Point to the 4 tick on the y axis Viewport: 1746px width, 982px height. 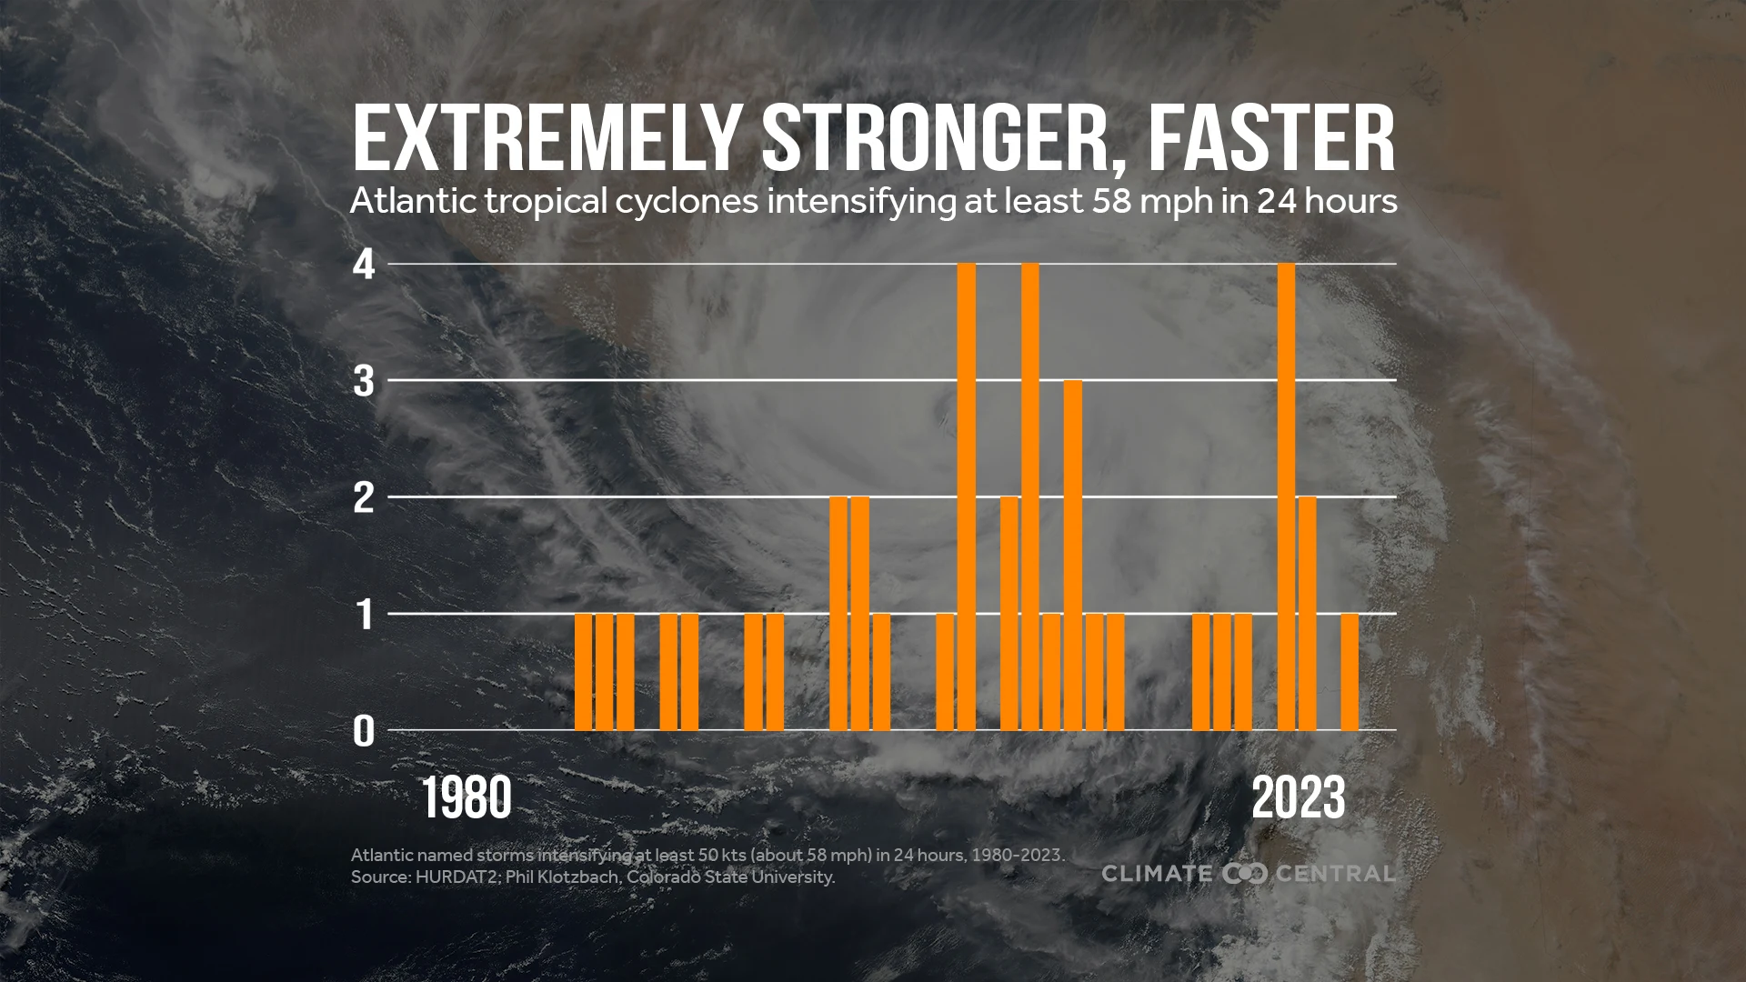(364, 265)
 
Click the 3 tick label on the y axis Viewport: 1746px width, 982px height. (364, 381)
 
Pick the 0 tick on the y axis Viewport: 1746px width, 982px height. (364, 731)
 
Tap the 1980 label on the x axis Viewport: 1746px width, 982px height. (467, 799)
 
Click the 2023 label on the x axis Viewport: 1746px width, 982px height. (1298, 799)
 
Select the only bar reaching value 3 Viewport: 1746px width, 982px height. (1073, 555)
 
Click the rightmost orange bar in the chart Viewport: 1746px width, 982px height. (1350, 672)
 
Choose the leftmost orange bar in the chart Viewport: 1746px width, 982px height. (584, 672)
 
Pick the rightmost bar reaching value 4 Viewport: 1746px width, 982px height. (1286, 496)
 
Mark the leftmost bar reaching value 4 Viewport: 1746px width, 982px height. (967, 496)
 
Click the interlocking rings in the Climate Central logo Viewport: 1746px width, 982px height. (1245, 874)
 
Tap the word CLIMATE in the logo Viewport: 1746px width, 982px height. (1157, 874)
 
